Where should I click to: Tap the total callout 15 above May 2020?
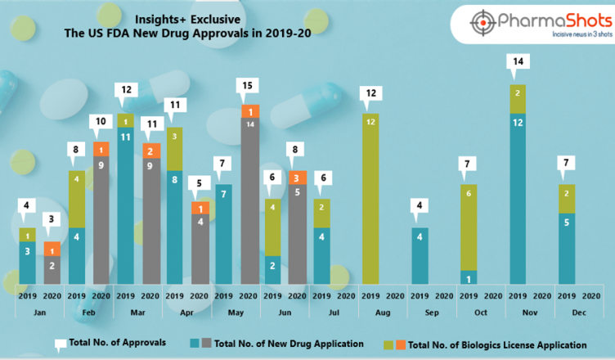click(x=247, y=85)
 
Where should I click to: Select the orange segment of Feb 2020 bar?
click(x=101, y=150)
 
